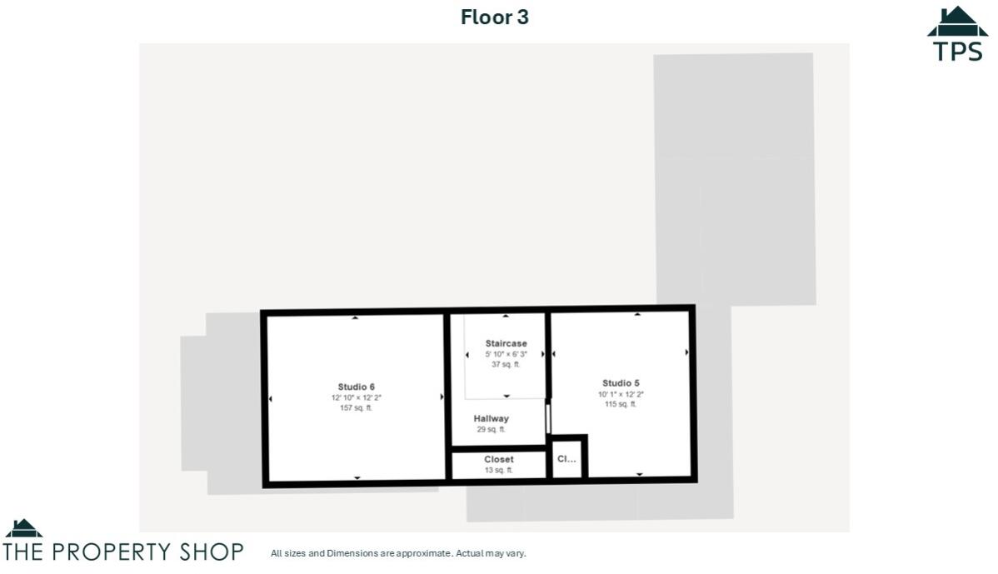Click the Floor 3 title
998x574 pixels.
coord(495,17)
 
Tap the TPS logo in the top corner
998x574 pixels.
coord(957,35)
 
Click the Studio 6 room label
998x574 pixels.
coord(356,387)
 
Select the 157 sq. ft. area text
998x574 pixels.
coord(356,408)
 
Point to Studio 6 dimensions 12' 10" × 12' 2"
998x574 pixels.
coord(356,398)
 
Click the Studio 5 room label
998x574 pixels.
coord(621,383)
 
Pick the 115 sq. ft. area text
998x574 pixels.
coord(621,405)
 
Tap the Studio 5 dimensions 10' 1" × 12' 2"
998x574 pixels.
coord(621,394)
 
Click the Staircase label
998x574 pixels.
coord(506,343)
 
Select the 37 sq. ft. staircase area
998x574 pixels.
coord(506,365)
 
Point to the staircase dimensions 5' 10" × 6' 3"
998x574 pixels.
coord(506,354)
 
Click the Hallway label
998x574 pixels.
coord(491,418)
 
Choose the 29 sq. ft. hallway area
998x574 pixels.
coord(491,430)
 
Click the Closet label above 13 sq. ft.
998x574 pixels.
coord(498,459)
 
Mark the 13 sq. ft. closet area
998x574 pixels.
coord(498,471)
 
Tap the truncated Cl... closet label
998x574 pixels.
coord(566,458)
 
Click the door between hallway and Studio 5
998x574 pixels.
coord(547,417)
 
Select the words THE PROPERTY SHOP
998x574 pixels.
coord(123,552)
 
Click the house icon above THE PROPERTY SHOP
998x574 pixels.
coord(23,528)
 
